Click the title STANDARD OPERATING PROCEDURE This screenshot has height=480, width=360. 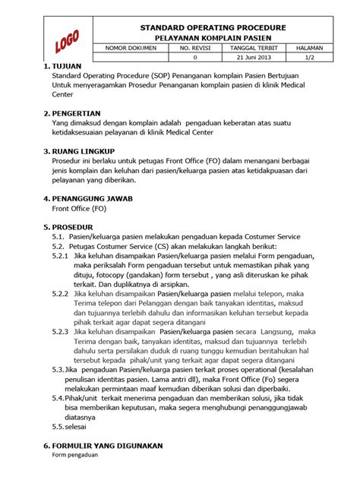point(213,27)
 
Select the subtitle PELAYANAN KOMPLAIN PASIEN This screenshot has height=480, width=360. point(213,37)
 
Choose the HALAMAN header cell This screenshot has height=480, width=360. point(310,48)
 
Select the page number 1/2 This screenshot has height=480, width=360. point(310,58)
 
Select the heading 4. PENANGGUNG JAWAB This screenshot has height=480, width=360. point(89,197)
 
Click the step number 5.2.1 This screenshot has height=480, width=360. point(61,256)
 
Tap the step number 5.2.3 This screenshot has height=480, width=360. point(61,331)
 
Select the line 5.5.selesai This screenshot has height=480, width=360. point(70,427)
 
